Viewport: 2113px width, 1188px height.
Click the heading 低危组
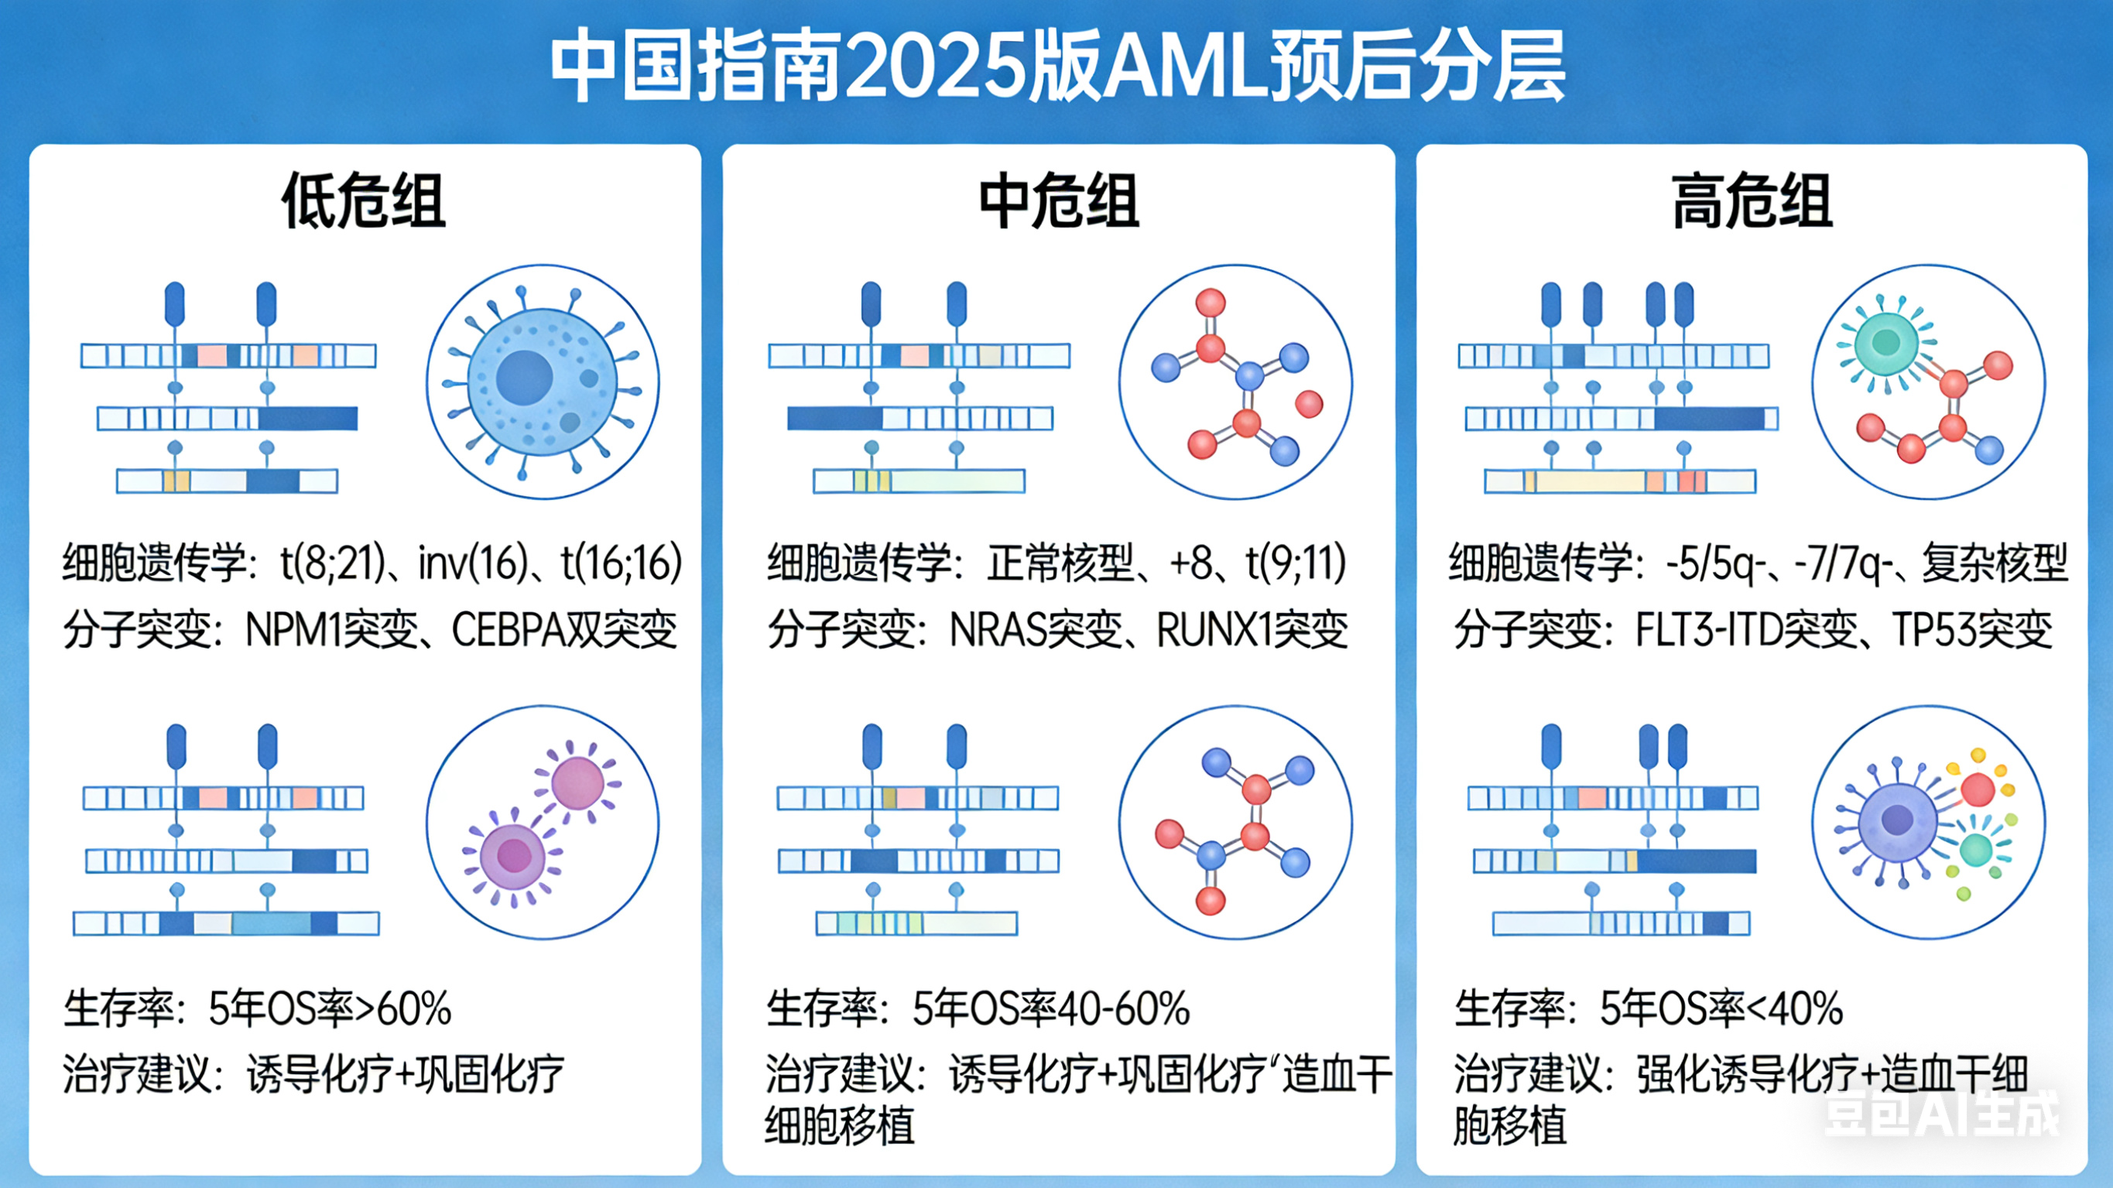(x=363, y=201)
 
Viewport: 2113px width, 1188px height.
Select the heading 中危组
(x=1059, y=201)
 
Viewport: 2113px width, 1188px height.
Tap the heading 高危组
(x=1752, y=201)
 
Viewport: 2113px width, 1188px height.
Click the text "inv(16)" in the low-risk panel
(x=472, y=563)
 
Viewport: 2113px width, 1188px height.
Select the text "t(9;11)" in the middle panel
(x=1296, y=563)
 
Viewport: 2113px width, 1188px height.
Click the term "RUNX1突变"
(x=1252, y=630)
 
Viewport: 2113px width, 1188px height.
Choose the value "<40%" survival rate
(x=1795, y=1008)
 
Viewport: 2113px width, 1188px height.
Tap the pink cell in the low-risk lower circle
(x=577, y=782)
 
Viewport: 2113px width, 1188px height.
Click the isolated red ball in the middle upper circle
(x=1308, y=404)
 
